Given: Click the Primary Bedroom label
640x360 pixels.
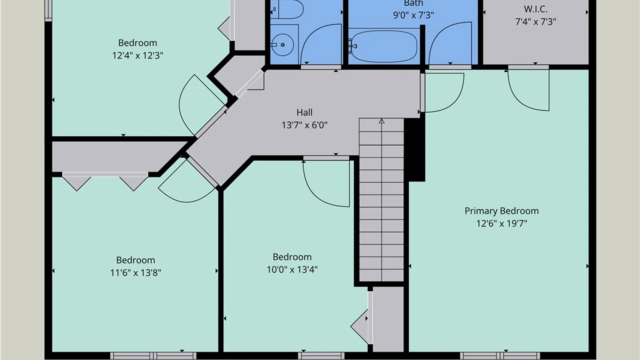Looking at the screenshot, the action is click(502, 211).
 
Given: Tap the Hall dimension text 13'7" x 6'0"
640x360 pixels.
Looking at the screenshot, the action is click(304, 125).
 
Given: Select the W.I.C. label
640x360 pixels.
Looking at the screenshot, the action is click(535, 9).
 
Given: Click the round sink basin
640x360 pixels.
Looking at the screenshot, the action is click(282, 45).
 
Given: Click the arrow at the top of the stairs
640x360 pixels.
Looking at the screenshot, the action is click(382, 121).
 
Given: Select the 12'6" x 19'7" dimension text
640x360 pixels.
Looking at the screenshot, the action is click(502, 223).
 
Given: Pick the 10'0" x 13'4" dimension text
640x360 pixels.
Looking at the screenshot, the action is click(292, 269).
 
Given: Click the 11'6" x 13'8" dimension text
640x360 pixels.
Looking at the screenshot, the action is click(136, 273).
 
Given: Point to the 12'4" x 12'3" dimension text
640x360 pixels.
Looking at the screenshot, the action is click(138, 55).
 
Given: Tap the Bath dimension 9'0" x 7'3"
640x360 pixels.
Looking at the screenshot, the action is click(413, 15).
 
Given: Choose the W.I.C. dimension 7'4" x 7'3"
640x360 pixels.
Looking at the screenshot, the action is click(536, 22).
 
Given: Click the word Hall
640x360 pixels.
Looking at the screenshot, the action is click(304, 112).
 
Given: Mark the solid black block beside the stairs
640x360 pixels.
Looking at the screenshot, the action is click(415, 150).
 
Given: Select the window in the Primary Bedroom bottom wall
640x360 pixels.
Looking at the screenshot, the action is click(500, 356).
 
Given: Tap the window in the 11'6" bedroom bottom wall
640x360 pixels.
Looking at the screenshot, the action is click(153, 356).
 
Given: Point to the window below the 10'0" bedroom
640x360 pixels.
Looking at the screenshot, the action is click(321, 356).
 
